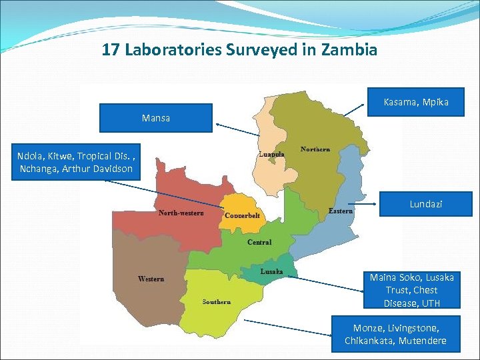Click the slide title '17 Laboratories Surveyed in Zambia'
(240, 50)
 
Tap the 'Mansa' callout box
(156, 118)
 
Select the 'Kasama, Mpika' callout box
(416, 102)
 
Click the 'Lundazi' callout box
(425, 204)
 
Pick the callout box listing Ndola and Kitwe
(75, 163)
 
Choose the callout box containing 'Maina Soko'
(411, 290)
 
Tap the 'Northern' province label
(315, 149)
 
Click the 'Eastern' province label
(341, 211)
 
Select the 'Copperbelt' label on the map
(242, 216)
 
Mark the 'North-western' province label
(181, 213)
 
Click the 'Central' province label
(259, 242)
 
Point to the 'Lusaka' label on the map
(272, 271)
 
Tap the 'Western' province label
(151, 279)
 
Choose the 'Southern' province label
(217, 302)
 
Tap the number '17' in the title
(111, 50)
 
